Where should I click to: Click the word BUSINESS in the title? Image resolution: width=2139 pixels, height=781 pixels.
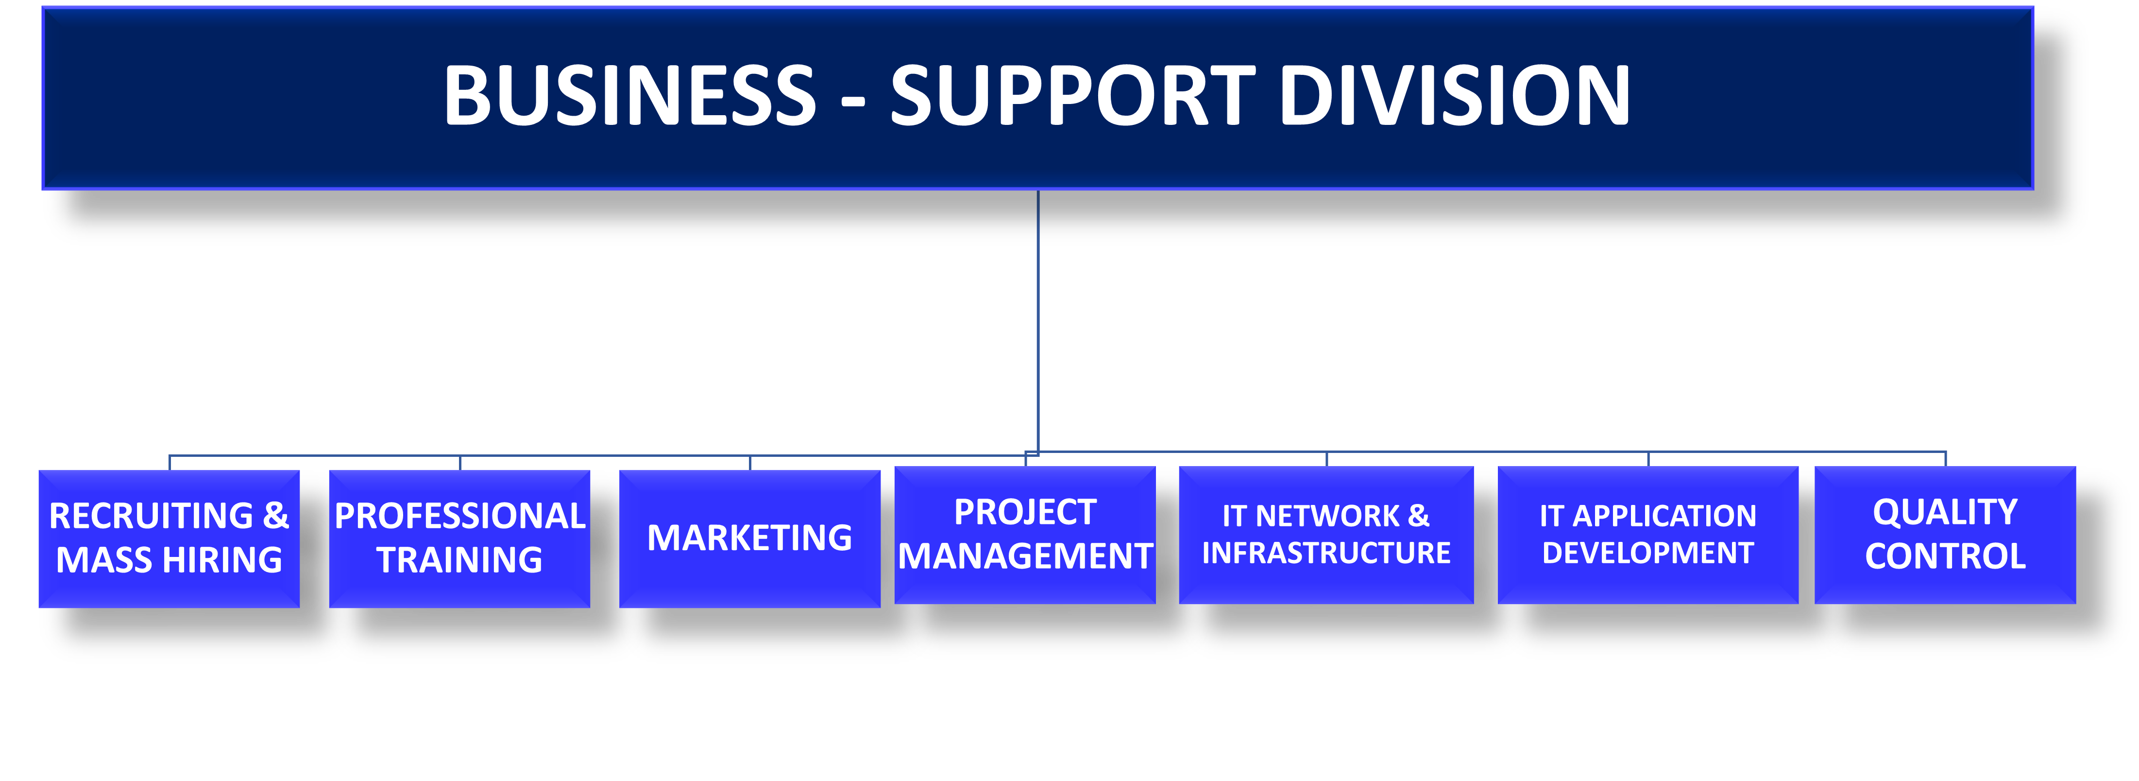click(x=629, y=96)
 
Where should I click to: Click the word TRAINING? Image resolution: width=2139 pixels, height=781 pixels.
click(x=459, y=560)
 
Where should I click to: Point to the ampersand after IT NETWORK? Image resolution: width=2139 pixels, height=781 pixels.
click(x=1418, y=516)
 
